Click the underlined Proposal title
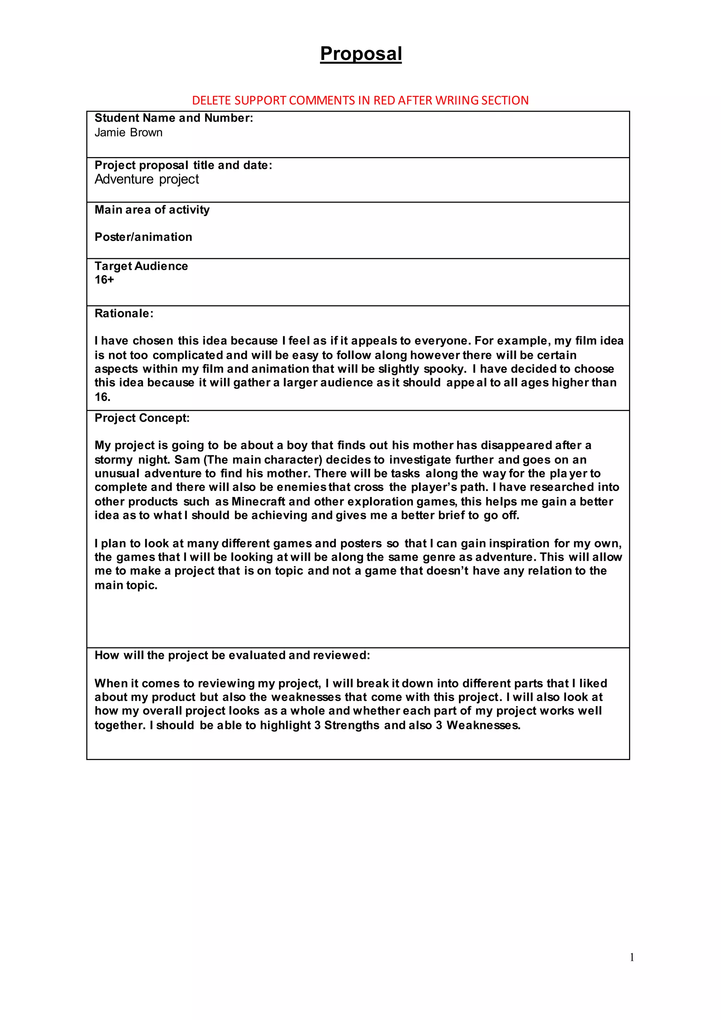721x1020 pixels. pyautogui.click(x=360, y=54)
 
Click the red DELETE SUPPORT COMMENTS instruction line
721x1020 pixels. pyautogui.click(x=360, y=100)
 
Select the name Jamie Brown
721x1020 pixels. pyautogui.click(x=128, y=132)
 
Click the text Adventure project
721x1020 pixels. pyautogui.click(x=146, y=179)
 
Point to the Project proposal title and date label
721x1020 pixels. pyautogui.click(x=183, y=165)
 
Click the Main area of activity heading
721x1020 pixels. pyautogui.click(x=152, y=210)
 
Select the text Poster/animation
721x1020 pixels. pyautogui.click(x=143, y=237)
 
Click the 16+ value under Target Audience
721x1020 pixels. pyautogui.click(x=104, y=280)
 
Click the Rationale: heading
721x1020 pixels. pyautogui.click(x=124, y=313)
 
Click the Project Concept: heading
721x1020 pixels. pyautogui.click(x=142, y=418)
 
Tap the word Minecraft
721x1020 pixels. pyautogui.click(x=258, y=502)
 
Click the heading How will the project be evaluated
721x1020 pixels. pyautogui.click(x=232, y=655)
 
